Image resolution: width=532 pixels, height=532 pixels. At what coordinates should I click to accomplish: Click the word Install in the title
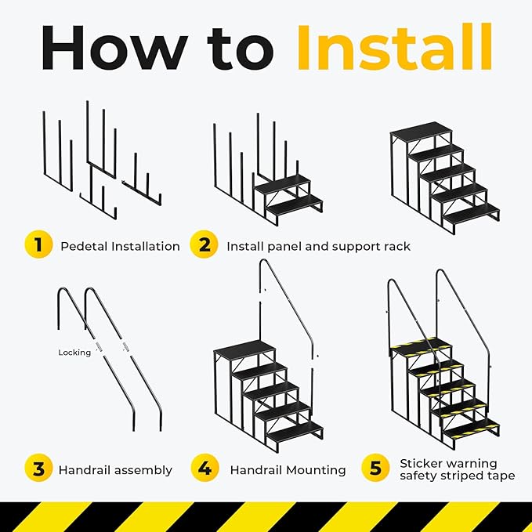click(x=394, y=49)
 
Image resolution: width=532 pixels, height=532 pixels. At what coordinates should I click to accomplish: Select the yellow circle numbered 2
click(x=204, y=245)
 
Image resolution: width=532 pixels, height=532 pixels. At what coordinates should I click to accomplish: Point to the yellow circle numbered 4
click(x=204, y=469)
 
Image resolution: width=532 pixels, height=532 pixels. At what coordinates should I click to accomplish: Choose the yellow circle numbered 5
click(x=375, y=469)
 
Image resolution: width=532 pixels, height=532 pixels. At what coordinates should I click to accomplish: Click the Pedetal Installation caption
click(x=120, y=246)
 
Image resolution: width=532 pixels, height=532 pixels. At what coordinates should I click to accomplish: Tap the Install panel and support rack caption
click(x=318, y=246)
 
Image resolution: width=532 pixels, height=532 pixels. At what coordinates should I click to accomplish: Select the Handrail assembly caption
click(x=115, y=470)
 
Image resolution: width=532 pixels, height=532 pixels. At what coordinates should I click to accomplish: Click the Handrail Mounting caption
click(x=288, y=470)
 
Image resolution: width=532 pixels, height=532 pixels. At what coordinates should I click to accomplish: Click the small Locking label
click(x=74, y=353)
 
